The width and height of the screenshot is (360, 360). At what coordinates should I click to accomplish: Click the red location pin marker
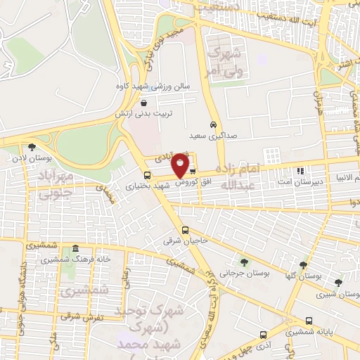coord(181,166)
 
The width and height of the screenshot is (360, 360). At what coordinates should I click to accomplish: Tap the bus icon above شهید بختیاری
coord(147,176)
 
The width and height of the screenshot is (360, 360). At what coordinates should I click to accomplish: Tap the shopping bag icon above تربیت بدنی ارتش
coord(144,103)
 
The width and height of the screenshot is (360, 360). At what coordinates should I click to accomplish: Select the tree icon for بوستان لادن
coord(32,147)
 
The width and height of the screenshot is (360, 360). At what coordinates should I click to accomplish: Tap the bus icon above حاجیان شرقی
coord(185,230)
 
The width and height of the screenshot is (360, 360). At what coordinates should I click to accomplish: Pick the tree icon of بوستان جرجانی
coord(244,262)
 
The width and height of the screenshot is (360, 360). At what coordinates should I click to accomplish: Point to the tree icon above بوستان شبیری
coord(338,283)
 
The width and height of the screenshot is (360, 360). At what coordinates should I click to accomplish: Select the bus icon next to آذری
coord(263,335)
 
